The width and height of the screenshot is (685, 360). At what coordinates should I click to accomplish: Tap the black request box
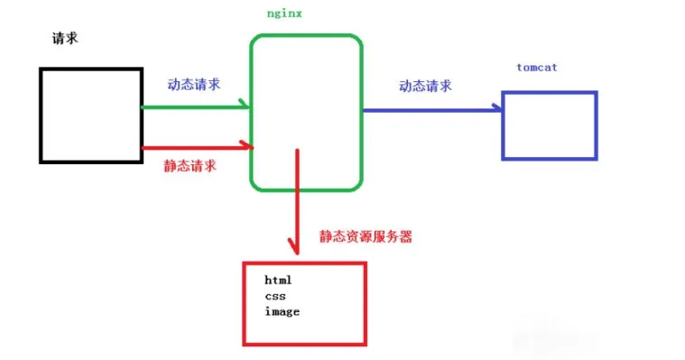pyautogui.click(x=90, y=115)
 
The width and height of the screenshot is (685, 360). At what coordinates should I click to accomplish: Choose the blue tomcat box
pyautogui.click(x=550, y=125)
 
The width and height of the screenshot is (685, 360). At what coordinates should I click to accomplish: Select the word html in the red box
pyautogui.click(x=279, y=281)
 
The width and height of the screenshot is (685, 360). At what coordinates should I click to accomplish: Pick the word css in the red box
pyautogui.click(x=274, y=296)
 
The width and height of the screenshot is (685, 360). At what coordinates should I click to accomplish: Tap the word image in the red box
pyautogui.click(x=282, y=311)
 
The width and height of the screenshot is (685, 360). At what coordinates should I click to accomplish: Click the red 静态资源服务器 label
pyautogui.click(x=366, y=236)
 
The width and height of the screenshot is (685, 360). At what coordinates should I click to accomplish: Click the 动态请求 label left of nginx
pyautogui.click(x=194, y=84)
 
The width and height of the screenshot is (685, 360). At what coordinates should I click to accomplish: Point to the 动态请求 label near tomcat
pyautogui.click(x=425, y=87)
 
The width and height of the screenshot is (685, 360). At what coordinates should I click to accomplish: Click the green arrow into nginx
pyautogui.click(x=194, y=107)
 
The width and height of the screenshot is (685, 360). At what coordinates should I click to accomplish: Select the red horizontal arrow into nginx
pyautogui.click(x=194, y=145)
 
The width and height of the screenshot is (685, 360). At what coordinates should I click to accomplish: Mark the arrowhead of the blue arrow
pyautogui.click(x=497, y=109)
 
